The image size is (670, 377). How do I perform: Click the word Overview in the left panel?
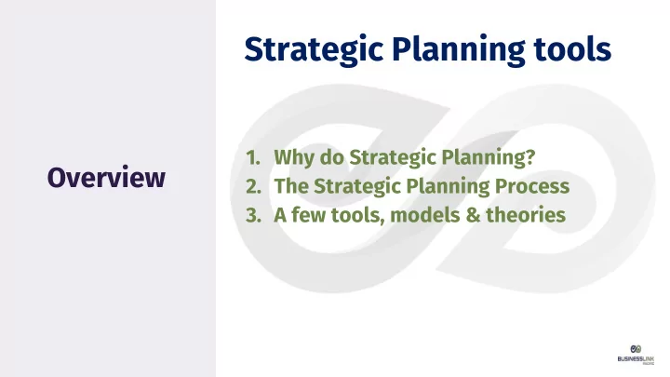point(106,178)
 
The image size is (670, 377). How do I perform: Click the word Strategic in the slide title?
point(315,50)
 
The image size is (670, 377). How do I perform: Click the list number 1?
point(252,157)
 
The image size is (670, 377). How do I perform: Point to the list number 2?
point(253,186)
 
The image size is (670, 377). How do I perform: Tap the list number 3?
point(253,215)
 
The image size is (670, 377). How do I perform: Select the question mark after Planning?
point(530,157)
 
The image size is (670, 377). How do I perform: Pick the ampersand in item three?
point(473,215)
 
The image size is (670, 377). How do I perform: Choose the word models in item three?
point(424,215)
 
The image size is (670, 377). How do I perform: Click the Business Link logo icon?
point(636,349)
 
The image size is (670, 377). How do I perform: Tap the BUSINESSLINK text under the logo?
point(636,358)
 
